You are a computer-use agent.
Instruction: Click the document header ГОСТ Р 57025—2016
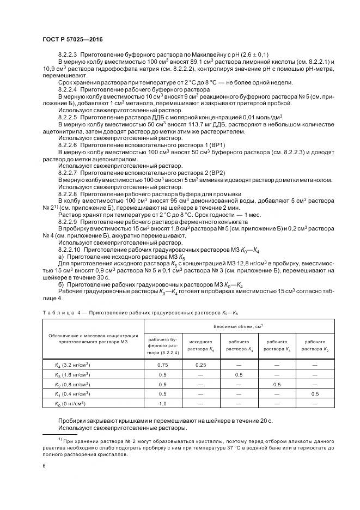72,39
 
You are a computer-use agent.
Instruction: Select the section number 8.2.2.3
67,56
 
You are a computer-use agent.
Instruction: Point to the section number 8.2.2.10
69,248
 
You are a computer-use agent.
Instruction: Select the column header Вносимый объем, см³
239,325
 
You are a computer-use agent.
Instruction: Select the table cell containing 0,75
162,365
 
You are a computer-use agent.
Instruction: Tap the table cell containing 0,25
200,365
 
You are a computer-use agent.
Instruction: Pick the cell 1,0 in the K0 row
162,403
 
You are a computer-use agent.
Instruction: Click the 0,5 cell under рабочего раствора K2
315,393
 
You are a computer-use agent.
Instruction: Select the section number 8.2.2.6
67,145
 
